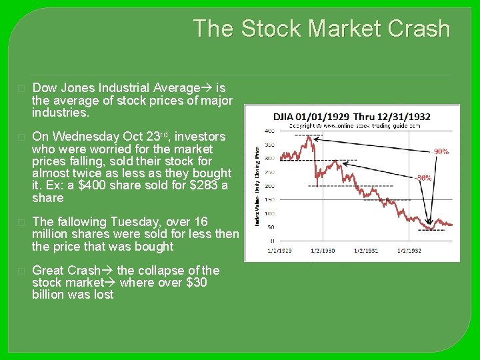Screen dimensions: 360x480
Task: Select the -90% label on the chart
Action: pos(441,151)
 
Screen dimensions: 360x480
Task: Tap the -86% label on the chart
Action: pos(423,178)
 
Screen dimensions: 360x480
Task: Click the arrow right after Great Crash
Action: pos(107,271)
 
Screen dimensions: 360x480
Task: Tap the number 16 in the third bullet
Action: pos(201,221)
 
